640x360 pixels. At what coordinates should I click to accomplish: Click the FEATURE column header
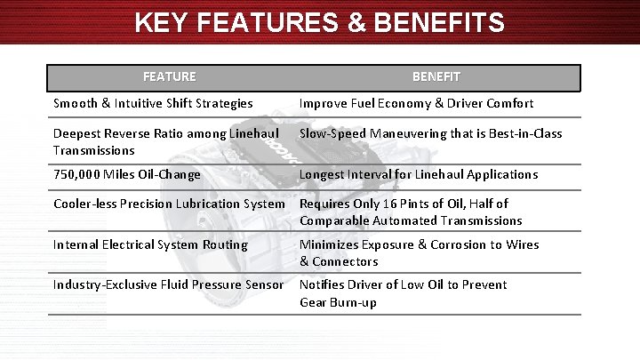point(169,77)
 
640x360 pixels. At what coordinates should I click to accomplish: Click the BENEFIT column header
point(436,77)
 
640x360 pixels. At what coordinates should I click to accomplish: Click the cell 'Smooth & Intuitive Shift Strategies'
point(153,103)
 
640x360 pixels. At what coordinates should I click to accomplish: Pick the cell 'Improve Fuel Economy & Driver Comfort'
point(416,103)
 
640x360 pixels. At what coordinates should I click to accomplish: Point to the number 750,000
point(79,174)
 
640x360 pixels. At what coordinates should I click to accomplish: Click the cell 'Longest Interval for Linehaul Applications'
point(418,174)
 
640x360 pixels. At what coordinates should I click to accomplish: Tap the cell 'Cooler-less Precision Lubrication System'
point(169,204)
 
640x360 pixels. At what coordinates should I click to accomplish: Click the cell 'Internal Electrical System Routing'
point(150,244)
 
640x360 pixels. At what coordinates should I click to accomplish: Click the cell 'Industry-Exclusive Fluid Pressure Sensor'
point(168,284)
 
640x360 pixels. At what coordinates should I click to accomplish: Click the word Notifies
point(324,284)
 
